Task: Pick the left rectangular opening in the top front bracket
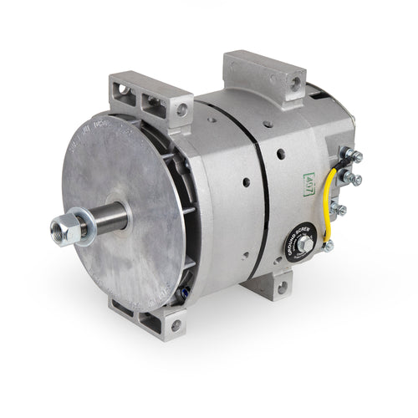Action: tap(130, 101)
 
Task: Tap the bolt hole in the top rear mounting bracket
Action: tap(294, 83)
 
